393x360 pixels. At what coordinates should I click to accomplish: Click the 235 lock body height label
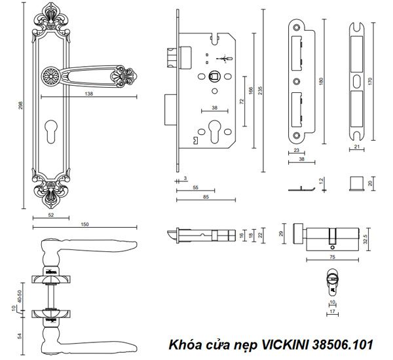261,90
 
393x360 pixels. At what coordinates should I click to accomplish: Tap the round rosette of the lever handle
50,75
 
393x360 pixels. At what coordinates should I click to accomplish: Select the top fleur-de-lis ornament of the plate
51,16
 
